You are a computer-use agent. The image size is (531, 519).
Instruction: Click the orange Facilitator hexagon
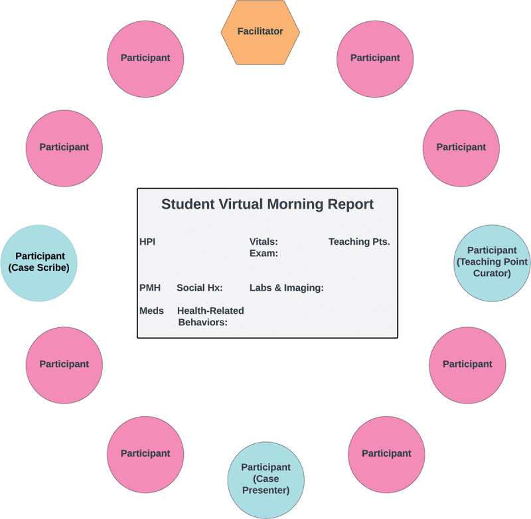[x=260, y=32]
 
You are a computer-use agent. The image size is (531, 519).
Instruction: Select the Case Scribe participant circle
[x=39, y=263]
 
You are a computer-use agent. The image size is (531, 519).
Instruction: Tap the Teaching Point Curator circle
[x=492, y=263]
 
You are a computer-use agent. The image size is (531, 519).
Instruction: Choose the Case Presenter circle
[x=266, y=480]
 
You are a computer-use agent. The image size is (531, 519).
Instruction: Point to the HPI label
[x=147, y=242]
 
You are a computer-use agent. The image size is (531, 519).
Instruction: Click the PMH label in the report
[x=150, y=288]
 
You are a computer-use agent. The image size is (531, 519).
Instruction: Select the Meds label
[x=151, y=311]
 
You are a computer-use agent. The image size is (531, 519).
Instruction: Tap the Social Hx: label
[x=200, y=288]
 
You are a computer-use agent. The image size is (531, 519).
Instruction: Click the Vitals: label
[x=264, y=242]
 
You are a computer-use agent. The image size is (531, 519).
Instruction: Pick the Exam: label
[x=264, y=254]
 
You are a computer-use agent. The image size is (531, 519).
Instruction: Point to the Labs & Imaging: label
[x=287, y=288]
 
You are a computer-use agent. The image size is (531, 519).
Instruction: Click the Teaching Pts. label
[x=359, y=242]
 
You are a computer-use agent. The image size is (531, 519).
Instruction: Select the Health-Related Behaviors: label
[x=210, y=317]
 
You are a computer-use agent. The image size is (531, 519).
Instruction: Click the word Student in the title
[x=188, y=204]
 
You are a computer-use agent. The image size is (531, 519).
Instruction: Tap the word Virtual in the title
[x=241, y=204]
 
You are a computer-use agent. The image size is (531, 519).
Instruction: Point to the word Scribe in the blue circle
[x=52, y=267]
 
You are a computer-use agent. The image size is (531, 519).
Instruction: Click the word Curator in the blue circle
[x=492, y=273]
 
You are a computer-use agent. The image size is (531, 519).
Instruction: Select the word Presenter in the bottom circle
[x=266, y=490]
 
